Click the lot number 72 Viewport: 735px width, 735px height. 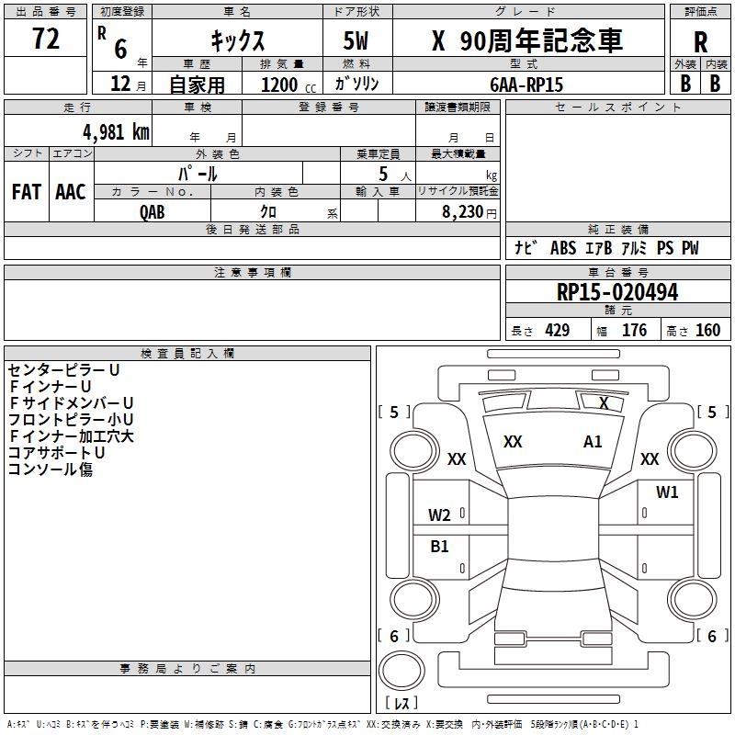click(45, 40)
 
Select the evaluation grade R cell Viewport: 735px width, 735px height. click(700, 42)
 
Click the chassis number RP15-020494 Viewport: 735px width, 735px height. click(617, 293)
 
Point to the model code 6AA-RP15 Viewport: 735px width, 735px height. click(527, 85)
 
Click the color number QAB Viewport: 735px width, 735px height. click(153, 211)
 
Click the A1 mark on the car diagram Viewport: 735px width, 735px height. click(593, 442)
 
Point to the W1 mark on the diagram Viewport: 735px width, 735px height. click(667, 492)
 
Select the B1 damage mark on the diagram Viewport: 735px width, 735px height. click(440, 547)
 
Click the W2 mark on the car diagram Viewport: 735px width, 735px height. click(439, 515)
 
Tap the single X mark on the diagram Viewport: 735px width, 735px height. click(604, 402)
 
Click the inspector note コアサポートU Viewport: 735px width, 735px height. click(56, 453)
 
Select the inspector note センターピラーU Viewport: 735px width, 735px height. click(63, 370)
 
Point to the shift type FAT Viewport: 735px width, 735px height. click(27, 192)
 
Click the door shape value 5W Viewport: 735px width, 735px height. click(357, 41)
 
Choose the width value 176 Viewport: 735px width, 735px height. click(634, 331)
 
